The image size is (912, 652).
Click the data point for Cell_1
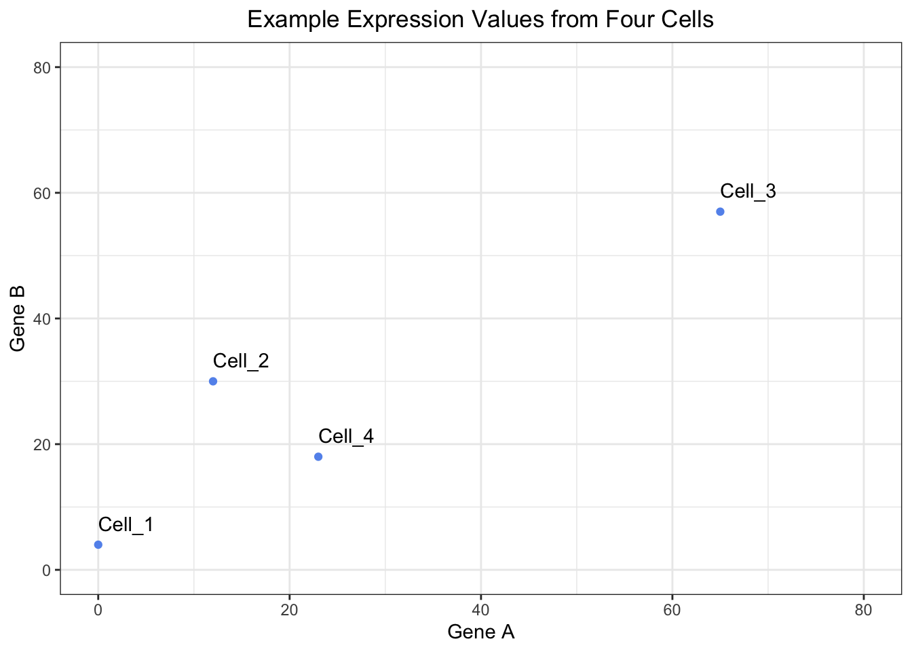tap(98, 545)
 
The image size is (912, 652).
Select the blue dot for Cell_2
tap(213, 381)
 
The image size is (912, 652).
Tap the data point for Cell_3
tap(720, 212)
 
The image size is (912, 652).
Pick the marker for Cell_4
tap(318, 456)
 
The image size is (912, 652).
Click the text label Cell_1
tap(126, 524)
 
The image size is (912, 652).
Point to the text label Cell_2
tap(241, 361)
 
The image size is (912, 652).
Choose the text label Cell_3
tap(748, 191)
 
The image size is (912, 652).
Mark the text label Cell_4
tap(346, 436)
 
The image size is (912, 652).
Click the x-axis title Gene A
tap(481, 632)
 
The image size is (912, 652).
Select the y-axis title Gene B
tap(18, 319)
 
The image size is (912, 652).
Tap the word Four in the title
tap(626, 19)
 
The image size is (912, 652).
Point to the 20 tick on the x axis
tap(290, 610)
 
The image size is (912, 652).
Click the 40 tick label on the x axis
tap(481, 610)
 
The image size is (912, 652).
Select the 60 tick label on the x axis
tap(672, 610)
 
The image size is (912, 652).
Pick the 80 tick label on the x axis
tap(864, 610)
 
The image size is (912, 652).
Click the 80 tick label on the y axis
tap(43, 67)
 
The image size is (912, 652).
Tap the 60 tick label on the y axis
tap(43, 193)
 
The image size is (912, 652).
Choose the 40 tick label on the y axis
tap(43, 319)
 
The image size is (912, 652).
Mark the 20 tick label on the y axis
tap(43, 444)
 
